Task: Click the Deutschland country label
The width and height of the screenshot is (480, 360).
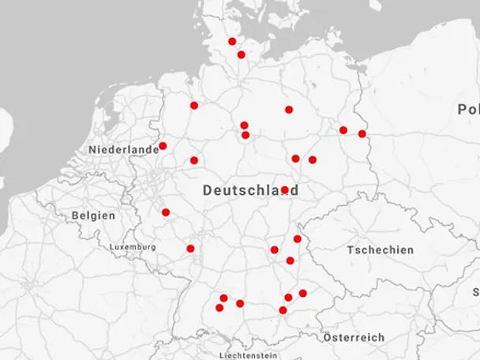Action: pyautogui.click(x=249, y=190)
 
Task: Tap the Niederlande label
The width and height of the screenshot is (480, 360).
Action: pyautogui.click(x=124, y=149)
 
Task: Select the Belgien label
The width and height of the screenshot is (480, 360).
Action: pyautogui.click(x=93, y=215)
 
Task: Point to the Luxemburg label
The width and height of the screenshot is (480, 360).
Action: pyautogui.click(x=133, y=247)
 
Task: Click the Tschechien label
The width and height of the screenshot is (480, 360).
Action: pyautogui.click(x=380, y=249)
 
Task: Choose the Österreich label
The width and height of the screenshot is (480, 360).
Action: pyautogui.click(x=354, y=337)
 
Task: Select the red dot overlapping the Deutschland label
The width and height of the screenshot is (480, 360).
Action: pyautogui.click(x=284, y=189)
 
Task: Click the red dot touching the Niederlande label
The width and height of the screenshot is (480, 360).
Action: pyautogui.click(x=163, y=146)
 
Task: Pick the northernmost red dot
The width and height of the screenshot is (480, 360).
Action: pyautogui.click(x=232, y=41)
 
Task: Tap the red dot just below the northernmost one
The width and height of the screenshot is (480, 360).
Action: pyautogui.click(x=241, y=54)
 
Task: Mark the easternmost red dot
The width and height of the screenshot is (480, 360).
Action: pyautogui.click(x=362, y=133)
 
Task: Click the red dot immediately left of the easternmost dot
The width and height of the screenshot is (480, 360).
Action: pyautogui.click(x=343, y=130)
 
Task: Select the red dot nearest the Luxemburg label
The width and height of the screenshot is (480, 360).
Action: pyautogui.click(x=190, y=249)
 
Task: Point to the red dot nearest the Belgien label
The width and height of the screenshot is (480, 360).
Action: pyautogui.click(x=166, y=212)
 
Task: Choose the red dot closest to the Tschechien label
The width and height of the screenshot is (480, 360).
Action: pyautogui.click(x=298, y=238)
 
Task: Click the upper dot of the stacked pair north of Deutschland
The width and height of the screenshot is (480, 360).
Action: pyautogui.click(x=244, y=125)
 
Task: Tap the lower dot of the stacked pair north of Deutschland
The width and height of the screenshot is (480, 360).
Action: pyautogui.click(x=246, y=135)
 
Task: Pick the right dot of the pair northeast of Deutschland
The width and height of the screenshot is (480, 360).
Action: pyautogui.click(x=313, y=159)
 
